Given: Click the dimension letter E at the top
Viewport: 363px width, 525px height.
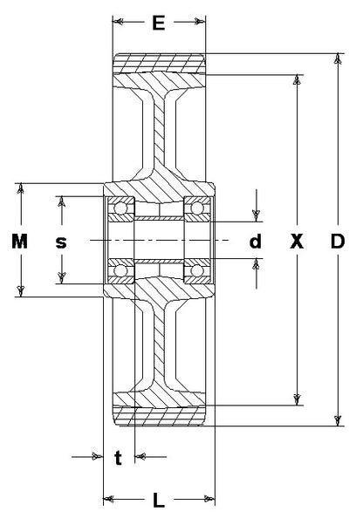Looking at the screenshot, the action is coord(159,23).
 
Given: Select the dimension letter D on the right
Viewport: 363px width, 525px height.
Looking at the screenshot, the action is coord(338,241).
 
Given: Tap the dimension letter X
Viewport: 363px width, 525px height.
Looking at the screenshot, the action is coord(297,241).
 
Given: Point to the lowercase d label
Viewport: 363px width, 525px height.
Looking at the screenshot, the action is coord(255,241).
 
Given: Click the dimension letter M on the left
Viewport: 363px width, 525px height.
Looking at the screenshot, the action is coord(20,241).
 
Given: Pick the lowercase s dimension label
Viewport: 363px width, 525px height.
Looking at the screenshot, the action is coord(61,242).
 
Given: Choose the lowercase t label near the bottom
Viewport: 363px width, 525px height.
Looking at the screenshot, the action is coord(118,458).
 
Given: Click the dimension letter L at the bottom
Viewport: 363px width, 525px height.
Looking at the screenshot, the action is coord(159,500).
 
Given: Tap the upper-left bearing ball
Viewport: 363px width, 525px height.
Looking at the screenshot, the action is coord(120,208).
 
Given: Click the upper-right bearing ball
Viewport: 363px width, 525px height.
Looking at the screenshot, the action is coord(197,208).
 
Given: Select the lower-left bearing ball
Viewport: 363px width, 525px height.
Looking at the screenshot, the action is coord(120,270).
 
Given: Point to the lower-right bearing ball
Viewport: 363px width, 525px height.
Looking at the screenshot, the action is coord(197,270).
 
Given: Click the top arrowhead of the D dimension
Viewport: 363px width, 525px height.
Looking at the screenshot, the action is coord(339,58).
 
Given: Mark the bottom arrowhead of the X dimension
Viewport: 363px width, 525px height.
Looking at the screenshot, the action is coord(297,399).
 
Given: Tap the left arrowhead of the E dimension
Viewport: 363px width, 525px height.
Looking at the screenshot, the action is coord(118,22).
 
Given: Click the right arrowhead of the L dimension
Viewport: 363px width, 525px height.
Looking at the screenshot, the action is coord(209,499).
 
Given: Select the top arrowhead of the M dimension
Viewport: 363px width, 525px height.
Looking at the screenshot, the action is coord(21,188).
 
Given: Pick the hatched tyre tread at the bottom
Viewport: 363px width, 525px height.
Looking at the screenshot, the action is coord(159,416).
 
